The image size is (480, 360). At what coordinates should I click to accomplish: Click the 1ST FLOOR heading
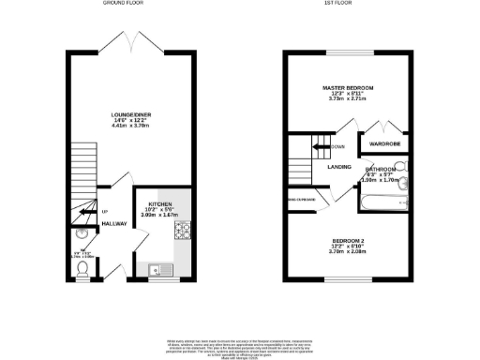pos(350,4)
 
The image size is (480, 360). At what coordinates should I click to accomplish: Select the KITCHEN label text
pos(158,202)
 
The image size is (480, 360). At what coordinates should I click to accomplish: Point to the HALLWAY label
pos(114,223)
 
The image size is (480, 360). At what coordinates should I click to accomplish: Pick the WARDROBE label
pos(385,144)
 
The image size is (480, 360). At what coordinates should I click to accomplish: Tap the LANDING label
pos(339,167)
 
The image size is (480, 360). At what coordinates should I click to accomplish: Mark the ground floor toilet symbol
pos(83,268)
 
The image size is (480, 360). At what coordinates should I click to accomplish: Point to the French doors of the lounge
pos(131,41)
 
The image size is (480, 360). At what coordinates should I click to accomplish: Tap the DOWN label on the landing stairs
pos(337,147)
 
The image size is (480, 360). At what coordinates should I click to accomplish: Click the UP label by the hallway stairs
pos(105,210)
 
